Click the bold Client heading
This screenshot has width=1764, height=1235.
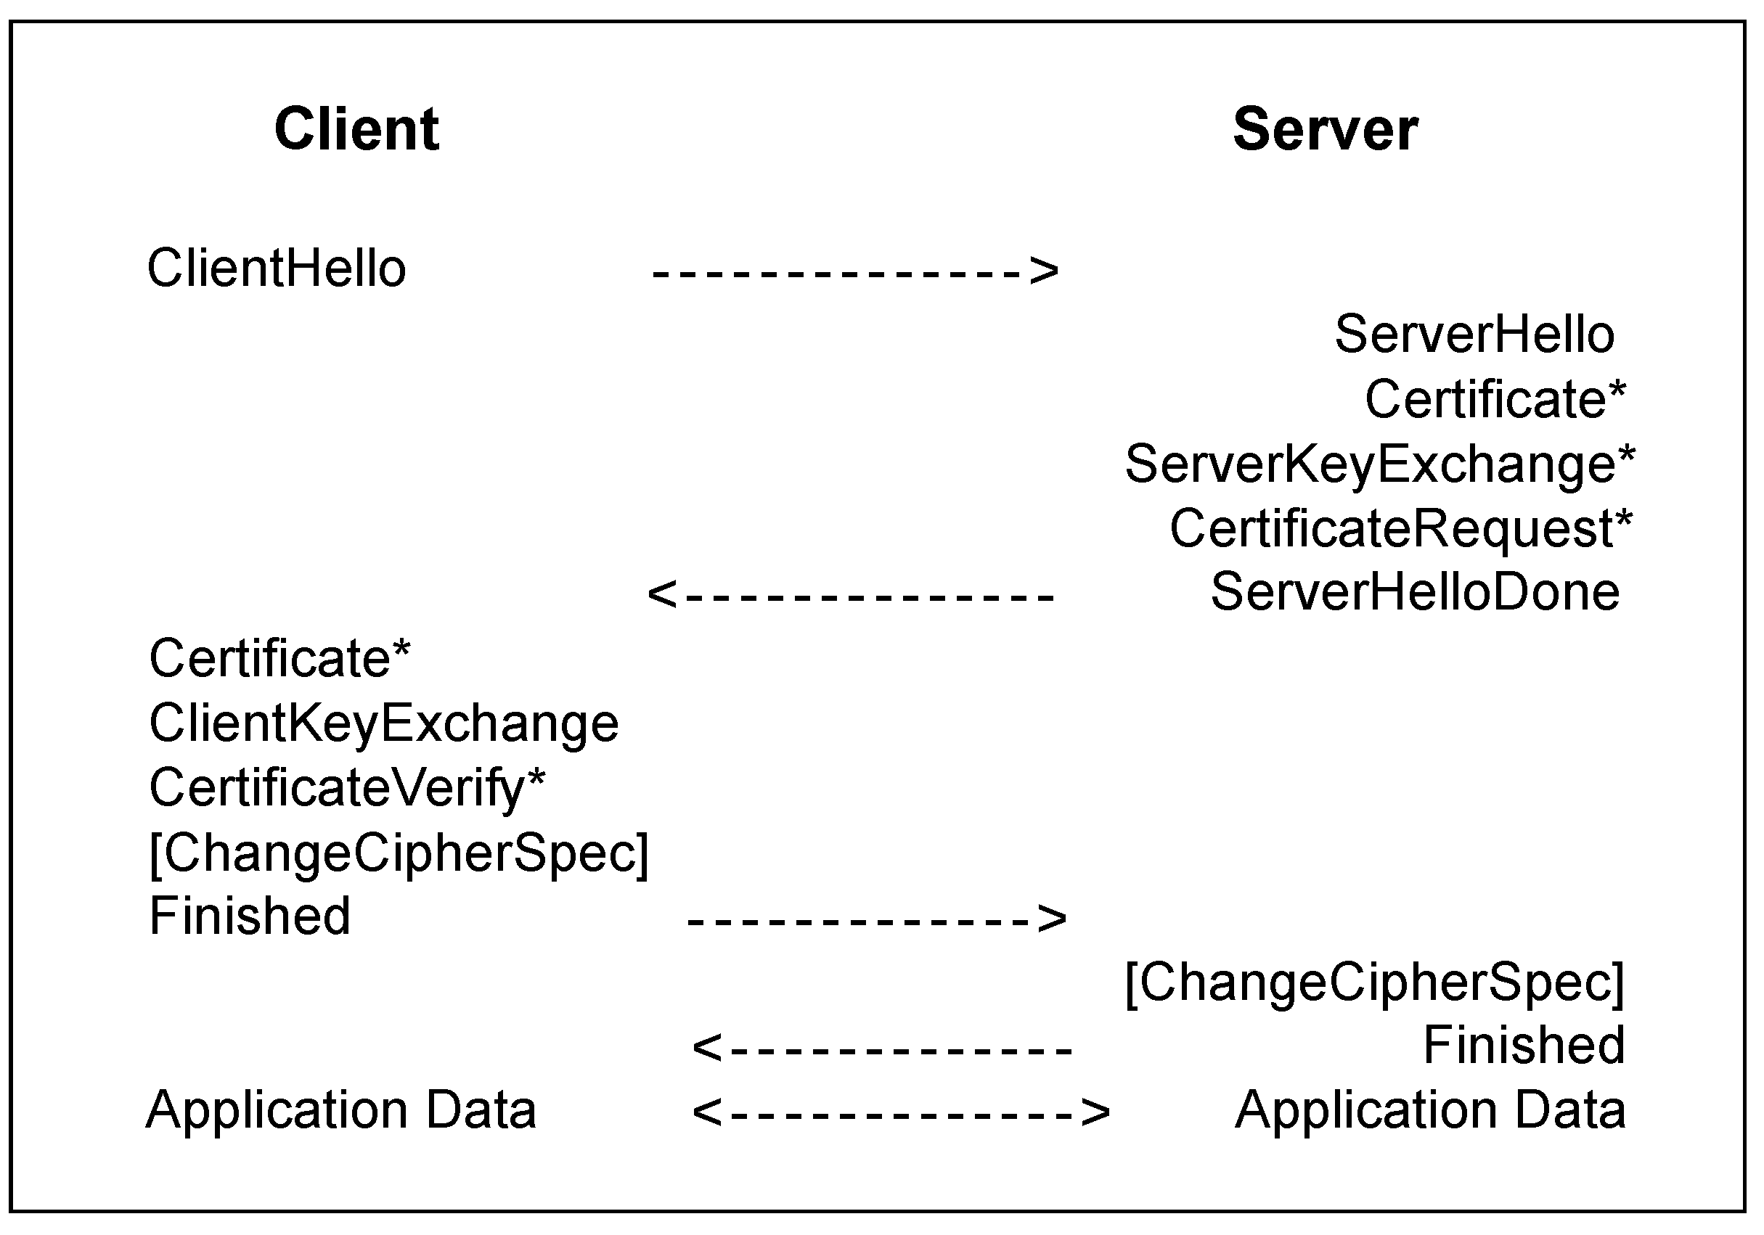356,129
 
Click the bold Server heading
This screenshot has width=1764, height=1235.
1325,129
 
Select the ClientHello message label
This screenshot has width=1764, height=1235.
276,268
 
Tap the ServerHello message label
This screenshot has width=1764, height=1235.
1474,334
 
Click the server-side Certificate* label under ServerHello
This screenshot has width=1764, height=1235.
1495,399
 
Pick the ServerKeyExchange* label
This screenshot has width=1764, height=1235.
1379,464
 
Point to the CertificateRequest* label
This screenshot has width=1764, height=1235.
1400,528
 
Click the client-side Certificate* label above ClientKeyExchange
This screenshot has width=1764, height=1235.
279,658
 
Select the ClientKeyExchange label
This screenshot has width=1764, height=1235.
383,723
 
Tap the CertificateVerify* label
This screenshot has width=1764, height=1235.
346,788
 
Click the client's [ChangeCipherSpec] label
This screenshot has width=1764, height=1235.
399,853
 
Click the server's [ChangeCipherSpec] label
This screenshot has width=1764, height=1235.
1374,982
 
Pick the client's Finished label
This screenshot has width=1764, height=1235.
249,916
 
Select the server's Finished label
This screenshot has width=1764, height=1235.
1524,1046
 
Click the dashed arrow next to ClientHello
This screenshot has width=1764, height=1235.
854,271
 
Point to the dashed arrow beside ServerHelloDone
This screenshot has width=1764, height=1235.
851,595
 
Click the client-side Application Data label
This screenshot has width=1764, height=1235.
340,1111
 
